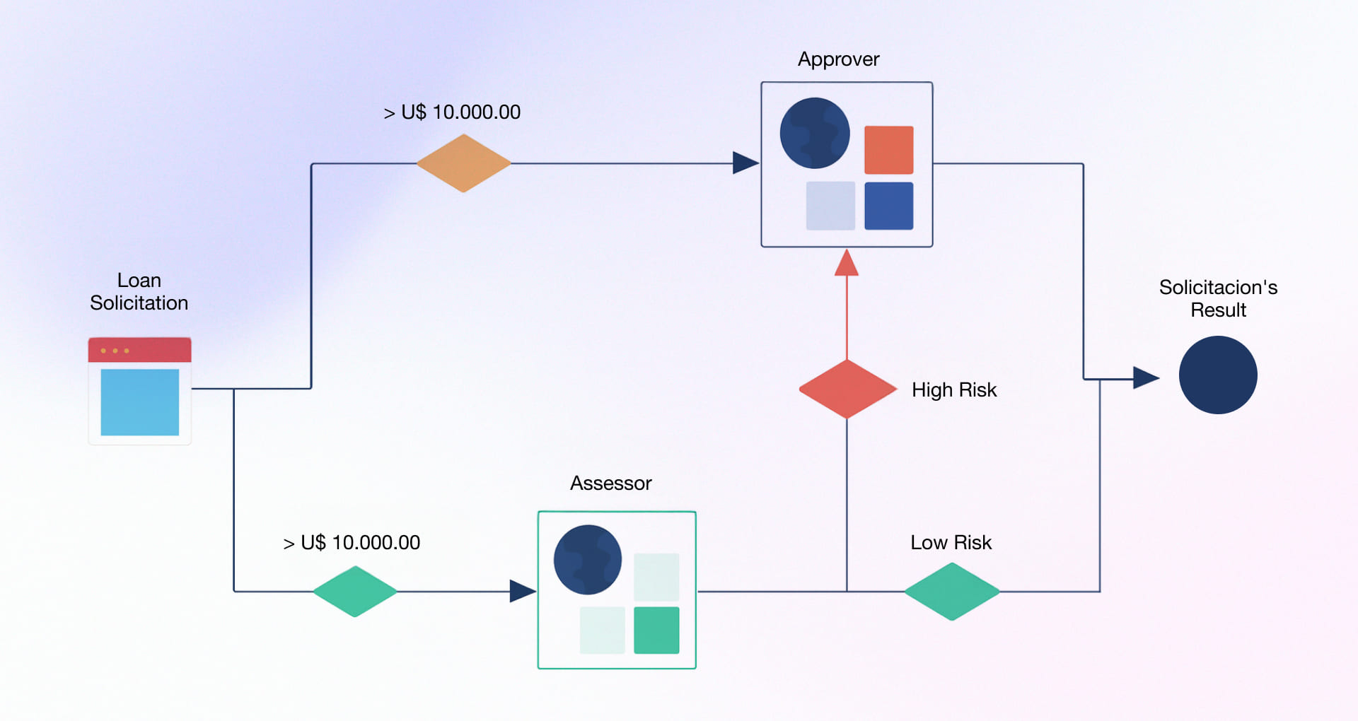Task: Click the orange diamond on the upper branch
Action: click(463, 163)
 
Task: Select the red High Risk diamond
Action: click(847, 389)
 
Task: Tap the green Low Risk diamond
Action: click(952, 592)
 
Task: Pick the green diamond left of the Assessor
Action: click(355, 592)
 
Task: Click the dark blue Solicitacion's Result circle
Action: click(1218, 375)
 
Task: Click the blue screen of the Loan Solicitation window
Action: click(140, 402)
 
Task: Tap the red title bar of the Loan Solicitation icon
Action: click(140, 350)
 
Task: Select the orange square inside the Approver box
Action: click(889, 150)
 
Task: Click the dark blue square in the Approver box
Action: click(889, 206)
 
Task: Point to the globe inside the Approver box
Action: click(815, 133)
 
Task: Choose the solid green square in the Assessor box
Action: click(656, 630)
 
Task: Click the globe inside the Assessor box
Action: click(588, 560)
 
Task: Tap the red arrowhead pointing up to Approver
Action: click(847, 263)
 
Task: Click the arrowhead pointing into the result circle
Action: click(1145, 377)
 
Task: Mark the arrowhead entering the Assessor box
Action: click(522, 591)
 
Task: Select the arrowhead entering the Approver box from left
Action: click(745, 163)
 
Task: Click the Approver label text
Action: click(838, 59)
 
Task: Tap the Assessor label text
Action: click(610, 483)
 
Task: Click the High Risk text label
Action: click(953, 390)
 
